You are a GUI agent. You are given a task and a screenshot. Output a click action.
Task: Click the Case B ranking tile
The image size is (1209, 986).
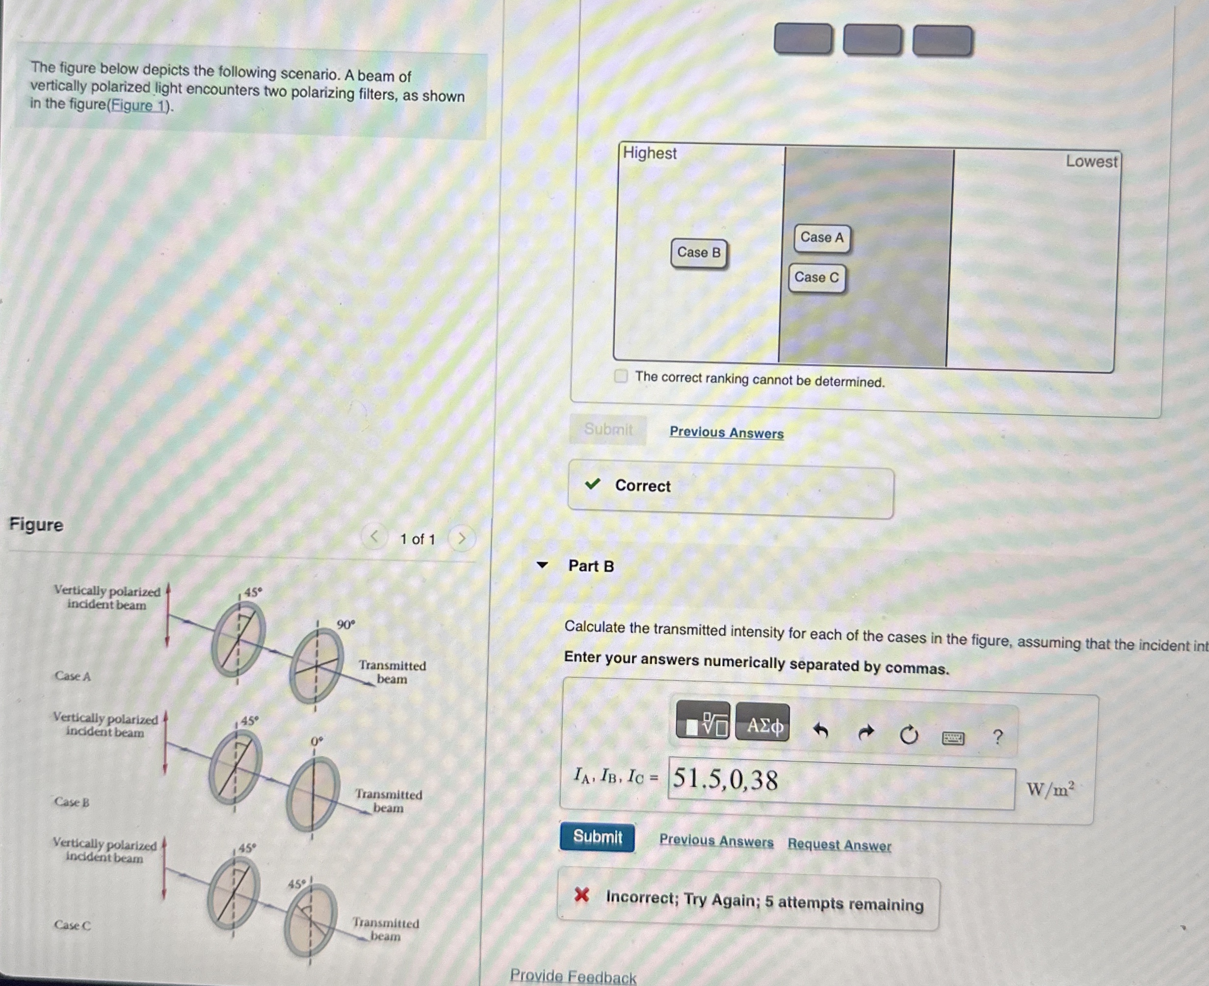coord(699,253)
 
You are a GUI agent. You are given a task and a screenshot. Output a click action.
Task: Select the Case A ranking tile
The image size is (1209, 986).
coord(821,237)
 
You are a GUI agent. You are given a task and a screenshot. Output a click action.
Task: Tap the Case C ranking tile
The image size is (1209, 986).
coord(816,278)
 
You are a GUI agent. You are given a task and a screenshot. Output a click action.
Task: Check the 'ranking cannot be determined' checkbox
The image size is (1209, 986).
coord(621,376)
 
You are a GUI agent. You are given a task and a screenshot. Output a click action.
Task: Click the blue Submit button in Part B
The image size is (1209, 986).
coord(597,836)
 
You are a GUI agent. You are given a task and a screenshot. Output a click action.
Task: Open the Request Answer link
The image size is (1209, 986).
coord(839,845)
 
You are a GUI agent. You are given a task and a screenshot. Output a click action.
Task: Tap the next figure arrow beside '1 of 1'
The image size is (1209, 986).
coord(461,538)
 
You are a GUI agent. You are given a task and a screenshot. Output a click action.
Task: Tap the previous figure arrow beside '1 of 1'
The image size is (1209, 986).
coord(374,536)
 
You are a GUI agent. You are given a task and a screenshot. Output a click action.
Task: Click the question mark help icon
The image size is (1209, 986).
coord(997,737)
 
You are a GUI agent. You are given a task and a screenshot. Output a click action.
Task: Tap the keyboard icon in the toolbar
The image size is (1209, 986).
coord(953,738)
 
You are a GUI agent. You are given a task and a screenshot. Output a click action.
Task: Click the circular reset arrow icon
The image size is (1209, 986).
coord(908,735)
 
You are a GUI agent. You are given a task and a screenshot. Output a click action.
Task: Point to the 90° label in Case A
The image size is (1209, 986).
coord(345,625)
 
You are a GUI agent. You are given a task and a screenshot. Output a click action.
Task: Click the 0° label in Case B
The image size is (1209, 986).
coord(316,742)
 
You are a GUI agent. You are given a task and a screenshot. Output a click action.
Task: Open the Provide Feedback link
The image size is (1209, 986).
coord(573,976)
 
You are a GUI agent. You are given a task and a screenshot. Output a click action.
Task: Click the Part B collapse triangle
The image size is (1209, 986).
coord(543,565)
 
